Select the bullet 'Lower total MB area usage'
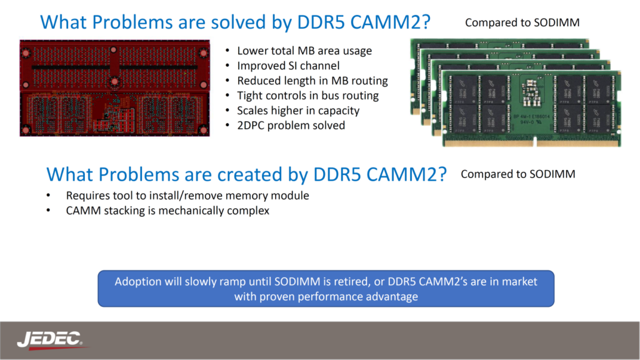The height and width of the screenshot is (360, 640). pyautogui.click(x=304, y=51)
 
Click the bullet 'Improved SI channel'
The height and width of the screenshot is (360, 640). pyautogui.click(x=288, y=66)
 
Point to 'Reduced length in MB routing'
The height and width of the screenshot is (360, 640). pyautogui.click(x=312, y=81)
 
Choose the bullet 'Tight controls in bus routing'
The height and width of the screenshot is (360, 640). pyautogui.click(x=307, y=96)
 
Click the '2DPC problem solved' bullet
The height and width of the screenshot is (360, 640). pyautogui.click(x=291, y=126)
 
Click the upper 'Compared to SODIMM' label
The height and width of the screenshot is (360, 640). pyautogui.click(x=522, y=23)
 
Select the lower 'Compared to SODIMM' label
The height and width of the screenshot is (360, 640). pyautogui.click(x=517, y=174)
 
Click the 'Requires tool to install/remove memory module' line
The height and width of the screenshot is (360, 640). pyautogui.click(x=187, y=196)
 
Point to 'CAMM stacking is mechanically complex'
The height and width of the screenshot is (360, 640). pyautogui.click(x=167, y=211)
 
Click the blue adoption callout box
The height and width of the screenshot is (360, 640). pyautogui.click(x=326, y=288)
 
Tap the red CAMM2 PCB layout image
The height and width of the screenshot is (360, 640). pyautogui.click(x=114, y=87)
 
